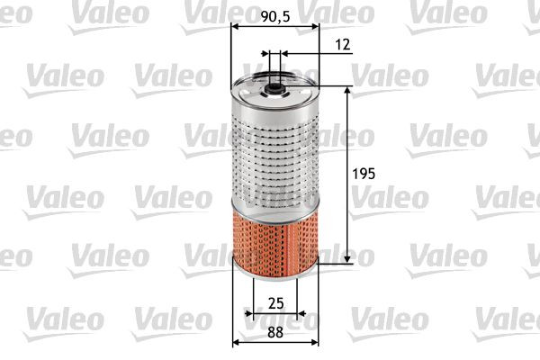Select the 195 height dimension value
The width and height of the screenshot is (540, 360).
364,172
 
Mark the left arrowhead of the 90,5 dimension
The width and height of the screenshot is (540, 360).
235,27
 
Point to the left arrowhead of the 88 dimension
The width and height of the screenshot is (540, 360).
237,342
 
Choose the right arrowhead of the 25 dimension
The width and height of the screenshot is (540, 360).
302,314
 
